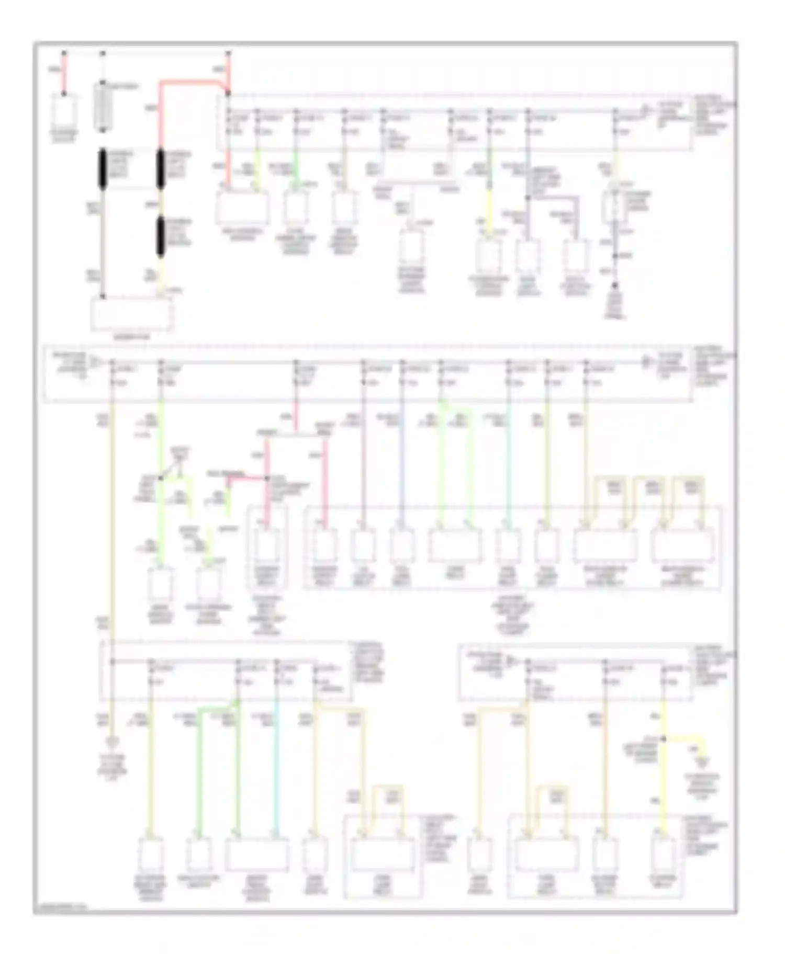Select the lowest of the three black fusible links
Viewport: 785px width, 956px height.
click(161, 237)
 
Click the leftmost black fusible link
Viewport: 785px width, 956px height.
click(103, 169)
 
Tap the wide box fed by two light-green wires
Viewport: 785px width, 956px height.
click(454, 545)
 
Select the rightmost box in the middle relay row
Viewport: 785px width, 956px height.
click(683, 545)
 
